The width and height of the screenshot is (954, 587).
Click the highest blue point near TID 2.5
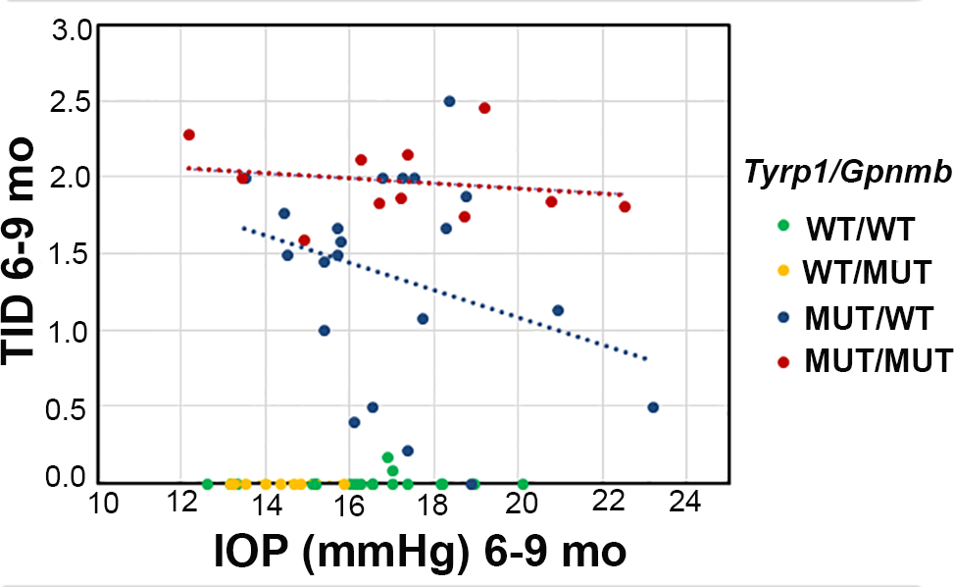[449, 101]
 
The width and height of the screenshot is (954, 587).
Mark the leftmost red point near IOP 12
[189, 134]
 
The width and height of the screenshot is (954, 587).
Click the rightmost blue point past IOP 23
[653, 407]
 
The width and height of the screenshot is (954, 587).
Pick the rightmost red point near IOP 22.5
[625, 206]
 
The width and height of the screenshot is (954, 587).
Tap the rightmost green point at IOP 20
[523, 484]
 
